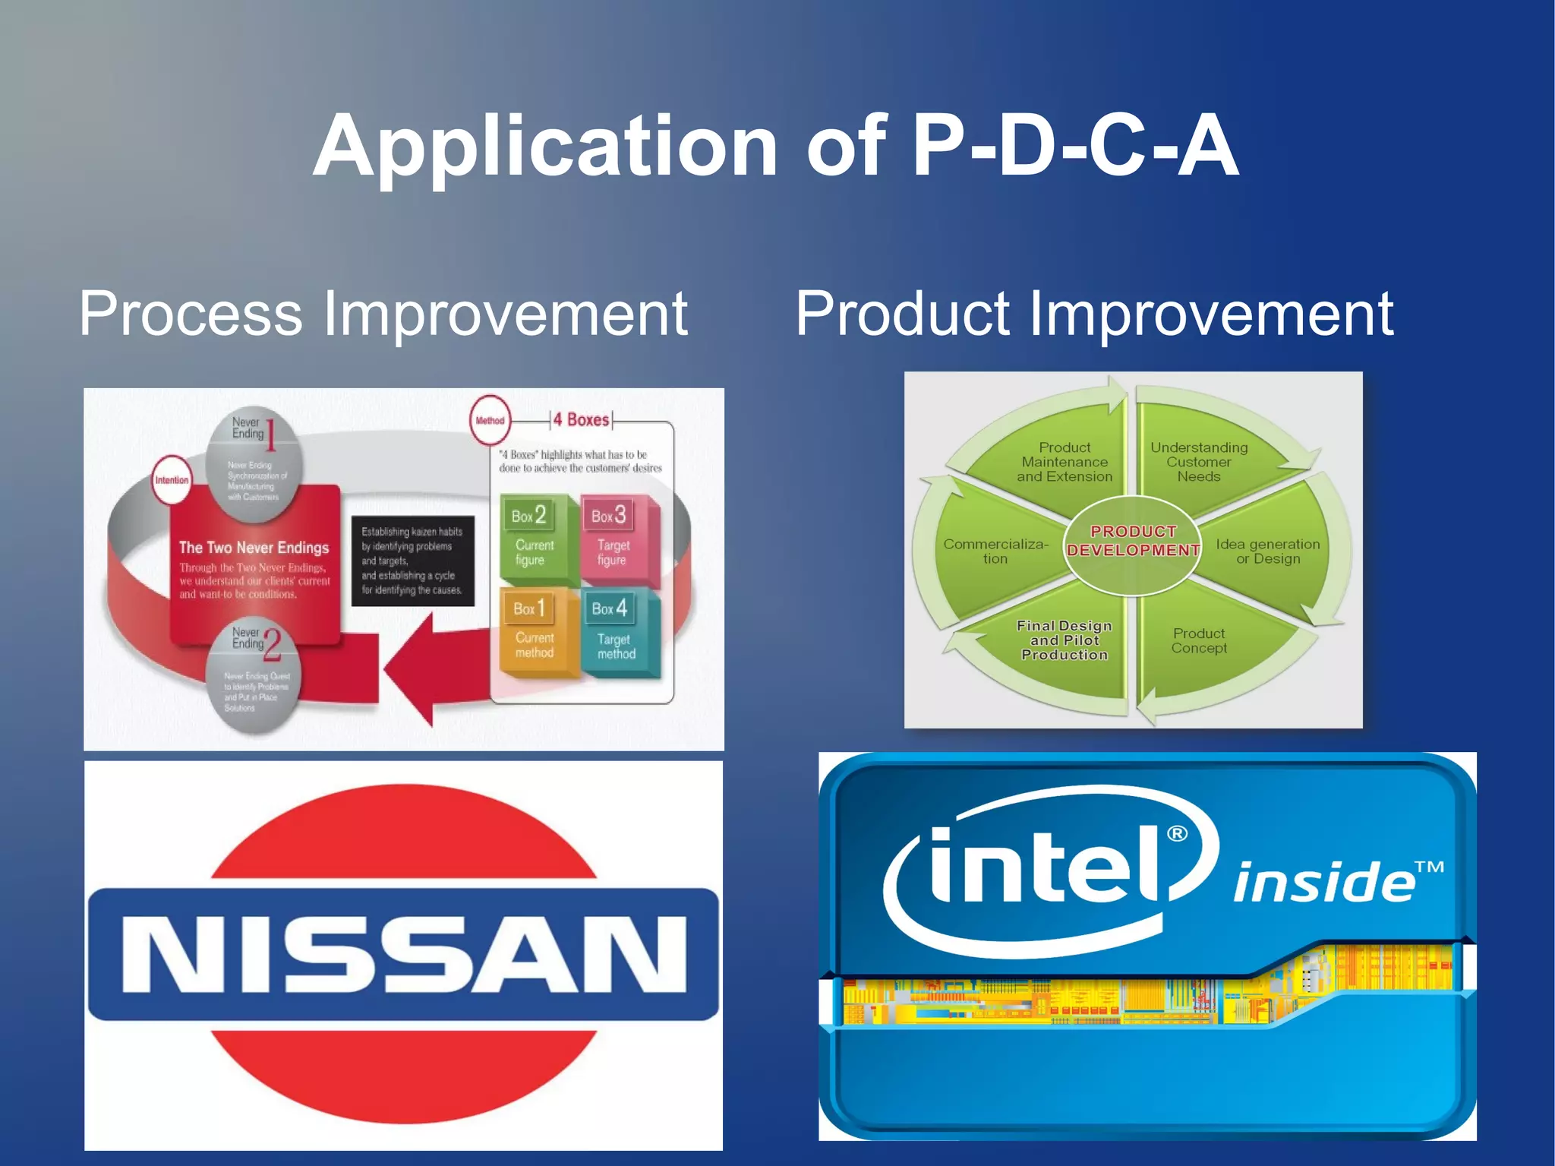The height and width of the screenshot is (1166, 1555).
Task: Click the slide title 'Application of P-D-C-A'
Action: click(x=776, y=146)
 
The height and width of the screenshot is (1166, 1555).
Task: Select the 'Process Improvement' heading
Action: click(x=383, y=314)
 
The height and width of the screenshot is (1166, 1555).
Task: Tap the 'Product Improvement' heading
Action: click(x=1093, y=314)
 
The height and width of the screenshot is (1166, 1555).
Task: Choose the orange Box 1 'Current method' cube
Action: click(x=534, y=630)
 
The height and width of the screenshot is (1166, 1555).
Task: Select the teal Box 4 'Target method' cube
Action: click(x=617, y=632)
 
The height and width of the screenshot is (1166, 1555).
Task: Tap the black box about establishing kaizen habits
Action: click(x=412, y=561)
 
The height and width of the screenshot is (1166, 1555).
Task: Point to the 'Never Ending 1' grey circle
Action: click(x=254, y=464)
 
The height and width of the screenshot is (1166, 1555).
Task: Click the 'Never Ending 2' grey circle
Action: click(x=254, y=675)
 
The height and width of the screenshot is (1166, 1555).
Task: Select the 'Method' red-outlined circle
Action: click(x=490, y=420)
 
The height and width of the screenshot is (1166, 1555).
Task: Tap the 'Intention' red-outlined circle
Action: click(x=172, y=480)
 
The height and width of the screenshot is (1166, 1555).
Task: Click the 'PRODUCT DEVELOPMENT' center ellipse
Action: click(x=1133, y=542)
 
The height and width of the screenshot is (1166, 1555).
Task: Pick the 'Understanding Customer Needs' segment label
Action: click(x=1199, y=462)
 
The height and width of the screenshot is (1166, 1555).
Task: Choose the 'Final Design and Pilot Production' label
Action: click(x=1065, y=640)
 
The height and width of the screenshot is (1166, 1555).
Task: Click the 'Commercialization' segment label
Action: click(x=995, y=551)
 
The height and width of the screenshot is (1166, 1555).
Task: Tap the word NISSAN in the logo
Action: click(x=403, y=954)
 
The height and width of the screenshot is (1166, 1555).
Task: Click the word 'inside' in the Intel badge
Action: click(x=1325, y=883)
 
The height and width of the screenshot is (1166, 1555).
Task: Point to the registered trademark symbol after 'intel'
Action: click(x=1177, y=834)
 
